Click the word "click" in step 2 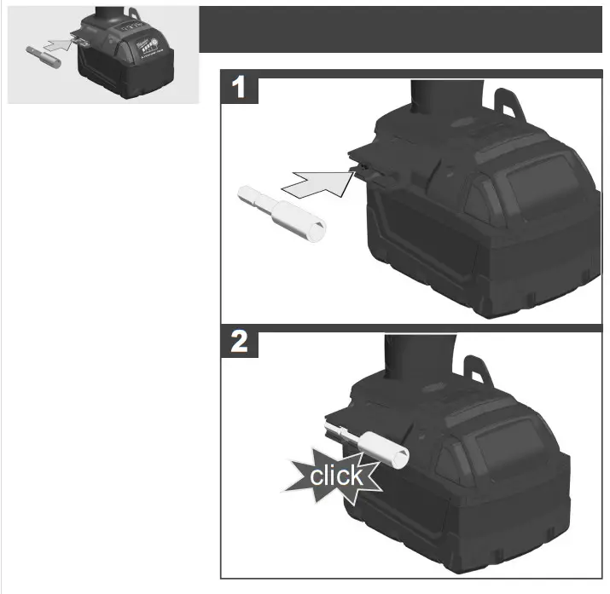[335, 475]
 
